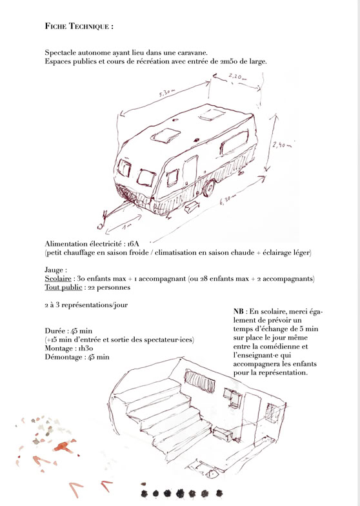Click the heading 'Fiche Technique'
pyautogui.click(x=79, y=26)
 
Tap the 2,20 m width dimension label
pyautogui.click(x=237, y=77)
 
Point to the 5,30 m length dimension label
pyautogui.click(x=168, y=93)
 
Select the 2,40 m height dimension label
pyautogui.click(x=281, y=145)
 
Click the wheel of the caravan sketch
pyautogui.click(x=209, y=188)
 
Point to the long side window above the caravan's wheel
pyautogui.click(x=234, y=143)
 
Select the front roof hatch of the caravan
pyautogui.click(x=165, y=136)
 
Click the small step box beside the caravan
pyautogui.click(x=192, y=207)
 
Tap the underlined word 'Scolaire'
pyautogui.click(x=58, y=279)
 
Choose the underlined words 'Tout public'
pyautogui.click(x=63, y=287)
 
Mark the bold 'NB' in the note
pyautogui.click(x=239, y=311)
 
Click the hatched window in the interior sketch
pyautogui.click(x=200, y=381)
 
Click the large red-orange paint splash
pyautogui.click(x=63, y=447)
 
